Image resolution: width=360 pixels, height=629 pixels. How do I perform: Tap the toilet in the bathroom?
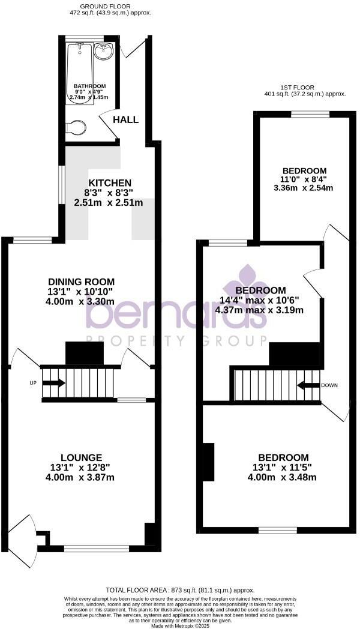click(76, 127)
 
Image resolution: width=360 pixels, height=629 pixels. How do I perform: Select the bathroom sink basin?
click(105, 52)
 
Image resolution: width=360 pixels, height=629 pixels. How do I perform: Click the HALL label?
click(126, 119)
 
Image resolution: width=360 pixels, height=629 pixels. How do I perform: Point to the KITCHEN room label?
click(110, 182)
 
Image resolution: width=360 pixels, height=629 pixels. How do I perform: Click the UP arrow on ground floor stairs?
click(53, 383)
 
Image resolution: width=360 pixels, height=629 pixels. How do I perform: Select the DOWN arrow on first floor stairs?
click(307, 385)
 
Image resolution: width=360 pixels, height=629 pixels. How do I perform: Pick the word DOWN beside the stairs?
click(331, 385)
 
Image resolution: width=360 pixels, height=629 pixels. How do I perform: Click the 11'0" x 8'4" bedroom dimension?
click(303, 179)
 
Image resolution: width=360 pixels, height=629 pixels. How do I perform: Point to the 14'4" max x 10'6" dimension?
click(259, 301)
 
